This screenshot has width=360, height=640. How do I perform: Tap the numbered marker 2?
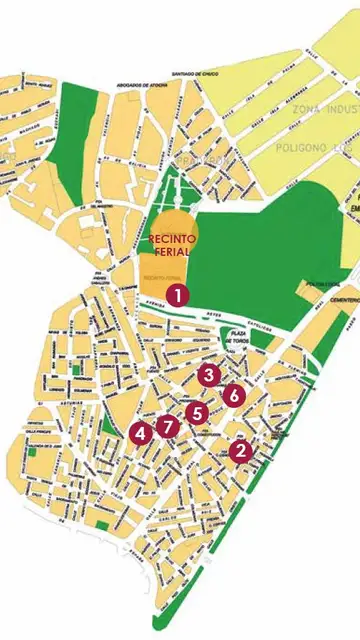click(239, 451)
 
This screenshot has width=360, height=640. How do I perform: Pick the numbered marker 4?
click(141, 433)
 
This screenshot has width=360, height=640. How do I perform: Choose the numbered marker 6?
click(233, 395)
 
